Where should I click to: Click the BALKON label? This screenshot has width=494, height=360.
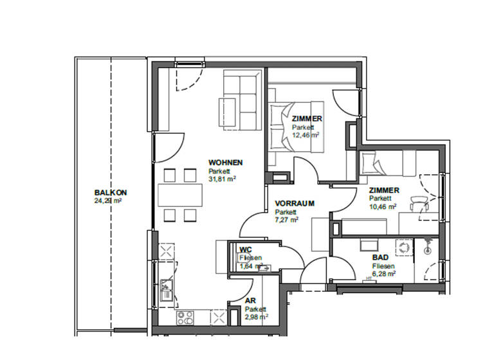(110, 192)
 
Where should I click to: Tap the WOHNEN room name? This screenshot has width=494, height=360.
(224, 163)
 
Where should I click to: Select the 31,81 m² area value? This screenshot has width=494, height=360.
(222, 180)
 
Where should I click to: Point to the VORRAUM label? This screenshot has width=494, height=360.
(294, 203)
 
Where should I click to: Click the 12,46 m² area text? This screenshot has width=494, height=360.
(306, 135)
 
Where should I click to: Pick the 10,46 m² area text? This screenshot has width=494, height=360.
(383, 206)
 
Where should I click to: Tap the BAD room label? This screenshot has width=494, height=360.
(380, 256)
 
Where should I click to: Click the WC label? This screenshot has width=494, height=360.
(245, 249)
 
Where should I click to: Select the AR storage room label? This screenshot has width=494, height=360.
(250, 300)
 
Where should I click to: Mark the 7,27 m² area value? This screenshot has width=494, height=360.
(287, 220)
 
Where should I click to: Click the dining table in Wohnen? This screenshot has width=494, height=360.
(180, 194)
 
